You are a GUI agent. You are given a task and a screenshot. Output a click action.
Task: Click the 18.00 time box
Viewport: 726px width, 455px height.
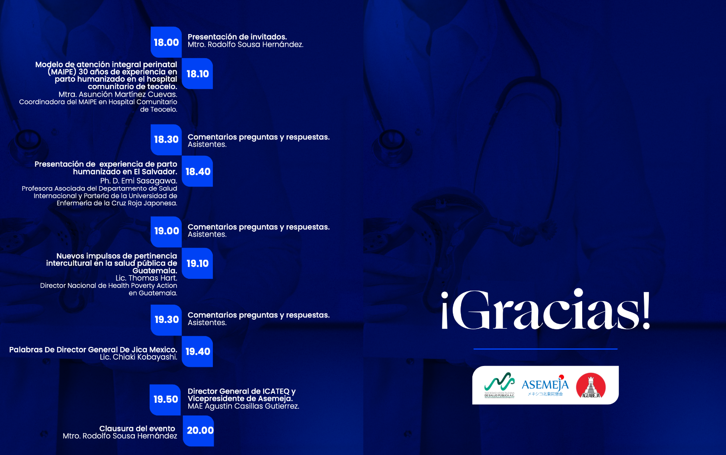(x=166, y=42)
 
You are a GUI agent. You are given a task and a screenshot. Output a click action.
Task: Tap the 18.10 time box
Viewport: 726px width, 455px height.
(x=197, y=74)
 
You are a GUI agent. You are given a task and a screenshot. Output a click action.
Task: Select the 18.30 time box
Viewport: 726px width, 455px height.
(x=166, y=139)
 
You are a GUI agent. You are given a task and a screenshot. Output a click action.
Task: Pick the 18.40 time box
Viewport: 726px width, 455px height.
(x=197, y=172)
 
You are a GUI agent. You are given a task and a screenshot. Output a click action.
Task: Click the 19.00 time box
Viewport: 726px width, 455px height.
(x=166, y=231)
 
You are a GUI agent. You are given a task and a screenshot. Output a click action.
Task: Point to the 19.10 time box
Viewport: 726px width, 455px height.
(x=197, y=263)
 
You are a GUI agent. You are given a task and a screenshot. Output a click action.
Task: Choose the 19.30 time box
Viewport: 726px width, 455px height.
(x=166, y=320)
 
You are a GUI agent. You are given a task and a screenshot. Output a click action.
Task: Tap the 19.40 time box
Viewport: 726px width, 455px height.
(x=197, y=351)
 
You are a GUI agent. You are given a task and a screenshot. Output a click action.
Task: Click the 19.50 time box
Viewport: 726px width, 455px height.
(x=166, y=400)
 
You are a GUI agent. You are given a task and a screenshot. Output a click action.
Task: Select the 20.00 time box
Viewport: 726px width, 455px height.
(x=199, y=430)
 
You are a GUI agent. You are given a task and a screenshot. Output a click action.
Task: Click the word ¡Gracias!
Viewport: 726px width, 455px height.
(x=546, y=311)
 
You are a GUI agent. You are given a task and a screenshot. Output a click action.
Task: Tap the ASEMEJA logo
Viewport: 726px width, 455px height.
(x=545, y=386)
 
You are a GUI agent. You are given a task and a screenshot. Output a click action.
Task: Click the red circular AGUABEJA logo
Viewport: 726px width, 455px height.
(x=591, y=386)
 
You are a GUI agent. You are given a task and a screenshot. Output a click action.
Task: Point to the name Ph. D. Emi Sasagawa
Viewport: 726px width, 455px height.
(x=138, y=181)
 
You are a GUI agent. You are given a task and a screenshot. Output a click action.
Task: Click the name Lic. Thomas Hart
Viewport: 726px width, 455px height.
(x=146, y=278)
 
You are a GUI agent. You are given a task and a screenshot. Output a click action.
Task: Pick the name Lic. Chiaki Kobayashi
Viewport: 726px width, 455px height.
(x=138, y=357)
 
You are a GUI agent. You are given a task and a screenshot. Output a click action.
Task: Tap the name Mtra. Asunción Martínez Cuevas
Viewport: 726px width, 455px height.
(x=118, y=94)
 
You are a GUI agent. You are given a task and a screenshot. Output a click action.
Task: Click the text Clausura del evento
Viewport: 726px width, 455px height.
(x=137, y=429)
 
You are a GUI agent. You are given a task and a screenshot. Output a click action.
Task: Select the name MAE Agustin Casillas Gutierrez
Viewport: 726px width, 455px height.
(x=243, y=406)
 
